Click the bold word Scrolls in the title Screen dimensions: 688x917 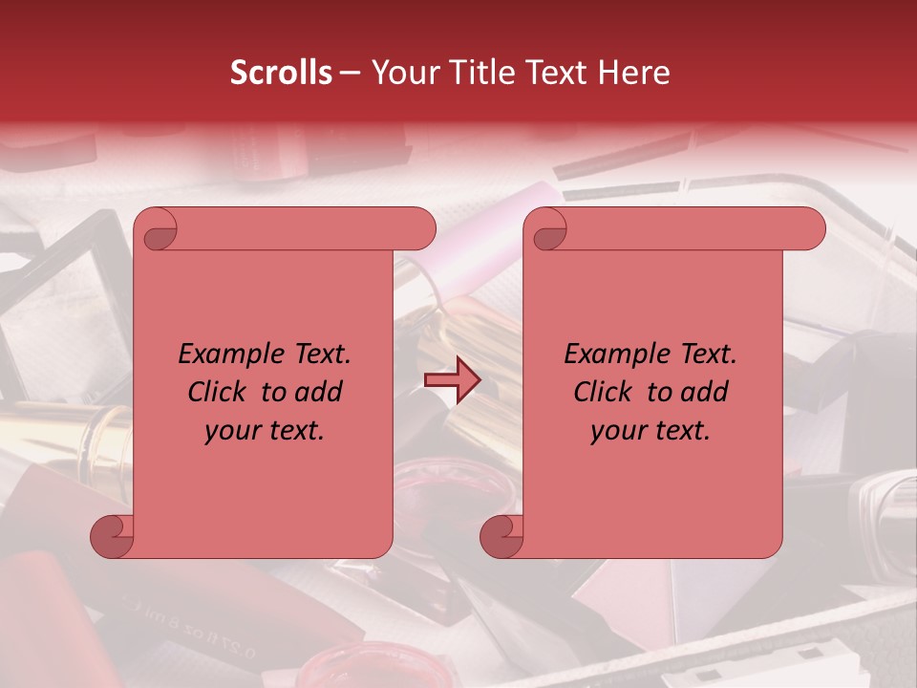pyautogui.click(x=281, y=73)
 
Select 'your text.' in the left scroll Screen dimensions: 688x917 pyautogui.click(x=265, y=431)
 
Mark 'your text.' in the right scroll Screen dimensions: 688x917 pyautogui.click(x=650, y=431)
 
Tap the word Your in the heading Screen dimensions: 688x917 pyautogui.click(x=401, y=73)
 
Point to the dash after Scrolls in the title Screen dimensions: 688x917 pyautogui.click(x=350, y=73)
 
